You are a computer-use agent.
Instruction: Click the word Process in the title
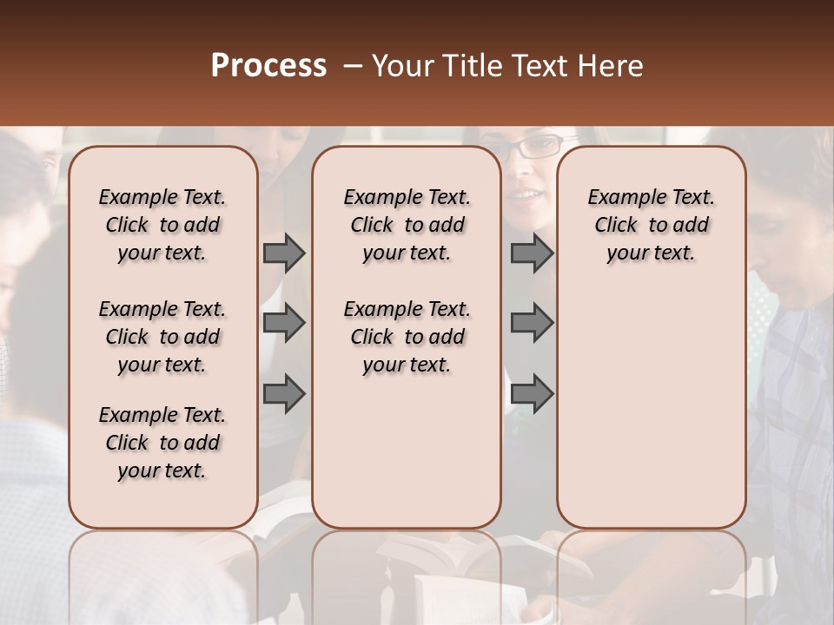(268, 66)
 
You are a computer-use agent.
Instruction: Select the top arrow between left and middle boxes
(284, 253)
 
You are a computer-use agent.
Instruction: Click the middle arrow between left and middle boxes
(284, 323)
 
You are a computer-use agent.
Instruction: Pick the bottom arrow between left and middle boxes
(284, 393)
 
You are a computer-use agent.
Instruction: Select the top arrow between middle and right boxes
(532, 253)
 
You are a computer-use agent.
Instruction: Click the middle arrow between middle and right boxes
(532, 323)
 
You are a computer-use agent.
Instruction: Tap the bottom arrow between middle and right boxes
(532, 393)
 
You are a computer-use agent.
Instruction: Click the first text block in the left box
(162, 225)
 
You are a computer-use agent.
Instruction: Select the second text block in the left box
(162, 337)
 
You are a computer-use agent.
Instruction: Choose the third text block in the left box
(162, 443)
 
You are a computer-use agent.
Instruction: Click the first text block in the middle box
(407, 225)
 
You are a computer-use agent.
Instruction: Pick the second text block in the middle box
(407, 337)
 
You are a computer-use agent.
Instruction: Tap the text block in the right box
(651, 225)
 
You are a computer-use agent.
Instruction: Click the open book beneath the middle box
(452, 556)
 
